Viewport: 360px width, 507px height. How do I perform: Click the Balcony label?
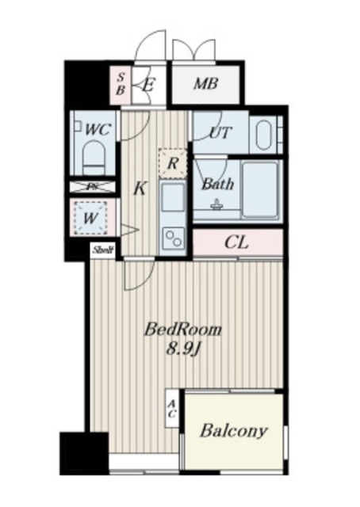[232, 432]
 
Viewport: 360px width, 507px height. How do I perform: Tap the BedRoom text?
[182, 330]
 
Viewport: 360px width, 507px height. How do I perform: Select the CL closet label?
[236, 242]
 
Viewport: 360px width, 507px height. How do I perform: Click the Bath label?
[216, 185]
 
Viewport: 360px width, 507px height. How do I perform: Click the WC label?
[98, 128]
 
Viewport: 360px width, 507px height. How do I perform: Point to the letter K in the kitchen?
[140, 189]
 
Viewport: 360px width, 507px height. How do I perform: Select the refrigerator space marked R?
[173, 164]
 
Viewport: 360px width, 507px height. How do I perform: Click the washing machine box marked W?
[92, 215]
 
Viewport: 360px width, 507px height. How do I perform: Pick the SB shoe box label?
[121, 82]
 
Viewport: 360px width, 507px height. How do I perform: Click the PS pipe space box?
[92, 187]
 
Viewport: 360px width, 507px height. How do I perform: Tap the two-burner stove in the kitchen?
[172, 237]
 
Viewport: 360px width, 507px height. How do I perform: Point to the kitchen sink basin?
[172, 197]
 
